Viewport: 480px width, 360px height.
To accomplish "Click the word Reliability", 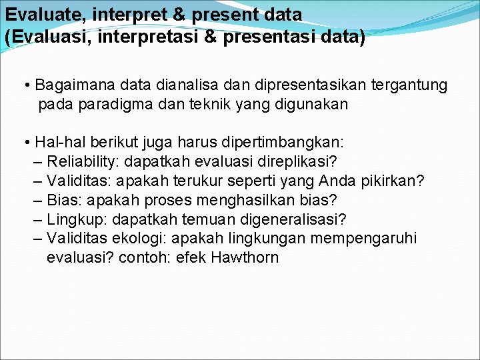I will tap(83, 162).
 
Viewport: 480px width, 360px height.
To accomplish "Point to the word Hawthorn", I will tap(245, 257).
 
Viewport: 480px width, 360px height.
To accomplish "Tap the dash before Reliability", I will tap(37, 162).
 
